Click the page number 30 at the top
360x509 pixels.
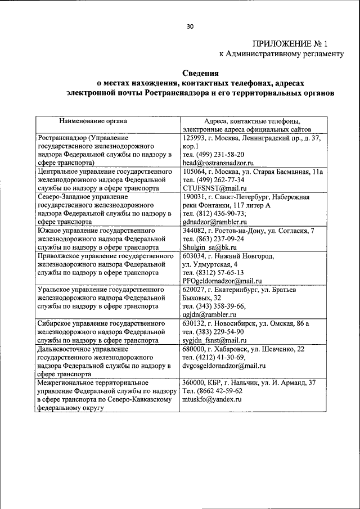pyautogui.click(x=190, y=26)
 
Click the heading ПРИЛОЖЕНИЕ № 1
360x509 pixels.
pyautogui.click(x=298, y=43)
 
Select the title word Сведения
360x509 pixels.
pyautogui.click(x=201, y=73)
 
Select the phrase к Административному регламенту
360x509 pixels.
pyautogui.click(x=281, y=54)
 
